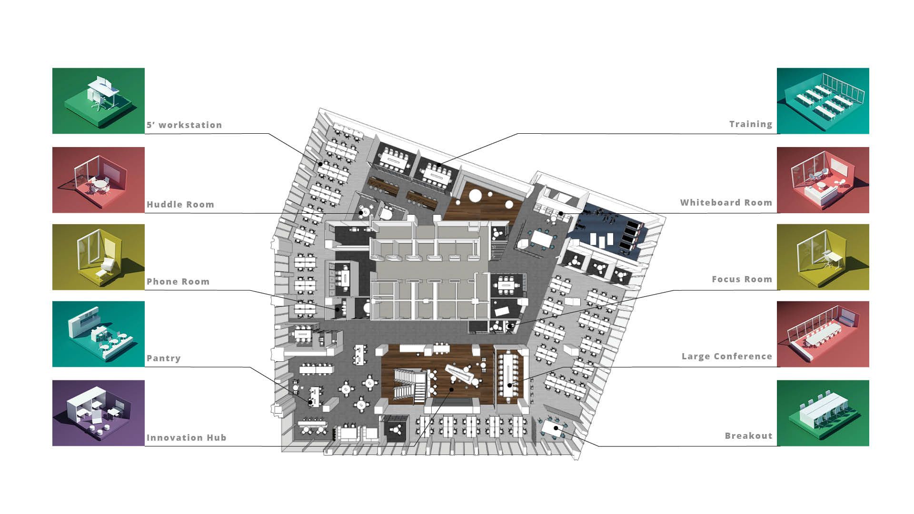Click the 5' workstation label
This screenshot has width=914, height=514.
[184, 125]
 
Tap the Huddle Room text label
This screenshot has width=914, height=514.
[180, 205]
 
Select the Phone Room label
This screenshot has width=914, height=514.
[178, 282]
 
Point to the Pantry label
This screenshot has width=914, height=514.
[163, 358]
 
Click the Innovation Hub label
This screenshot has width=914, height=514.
[186, 438]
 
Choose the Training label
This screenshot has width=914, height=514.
[751, 124]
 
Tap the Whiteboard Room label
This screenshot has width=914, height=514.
[726, 203]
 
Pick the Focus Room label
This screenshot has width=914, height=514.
[742, 279]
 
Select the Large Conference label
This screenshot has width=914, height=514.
[727, 356]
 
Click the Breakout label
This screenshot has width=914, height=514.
[748, 436]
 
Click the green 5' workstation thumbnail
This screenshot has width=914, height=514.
[99, 101]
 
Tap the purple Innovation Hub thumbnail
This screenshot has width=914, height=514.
[99, 413]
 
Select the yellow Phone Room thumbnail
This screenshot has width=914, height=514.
[99, 257]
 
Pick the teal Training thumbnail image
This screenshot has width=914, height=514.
[823, 101]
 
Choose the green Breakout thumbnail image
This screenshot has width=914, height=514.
[823, 413]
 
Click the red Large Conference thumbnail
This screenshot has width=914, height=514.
[823, 334]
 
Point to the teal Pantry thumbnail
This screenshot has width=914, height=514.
[99, 334]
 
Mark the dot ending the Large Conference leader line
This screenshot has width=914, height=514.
[509, 385]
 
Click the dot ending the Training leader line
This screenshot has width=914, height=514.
[439, 166]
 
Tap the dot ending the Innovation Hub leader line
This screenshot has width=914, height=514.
[452, 389]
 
